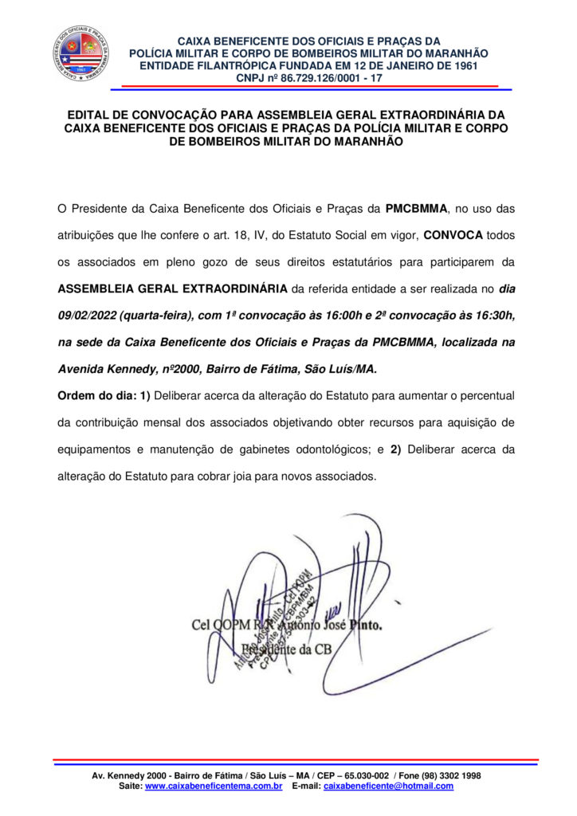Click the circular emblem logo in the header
pyautogui.click(x=80, y=53)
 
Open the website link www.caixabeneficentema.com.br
pyautogui.click(x=214, y=786)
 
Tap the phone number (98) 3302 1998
pyautogui.click(x=443, y=775)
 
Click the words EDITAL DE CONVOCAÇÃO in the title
pyautogui.click(x=142, y=116)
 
